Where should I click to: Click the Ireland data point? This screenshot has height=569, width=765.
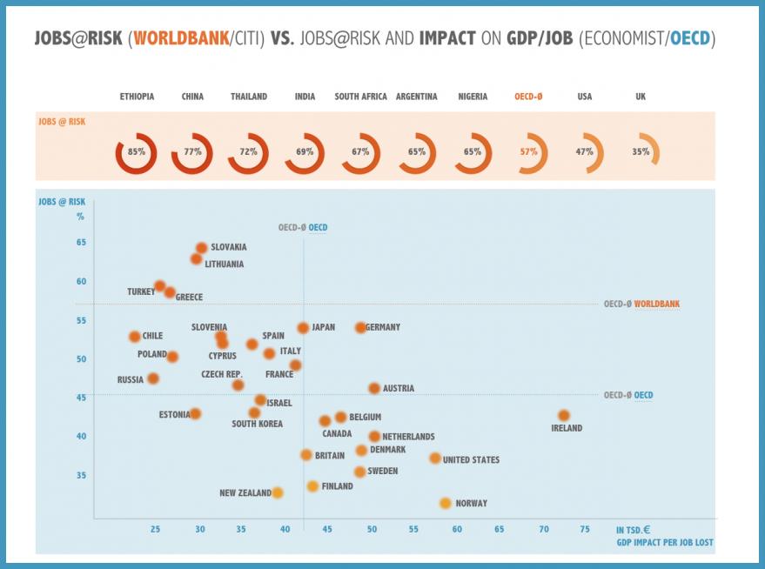(564, 416)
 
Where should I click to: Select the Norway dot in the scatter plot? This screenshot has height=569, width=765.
(446, 503)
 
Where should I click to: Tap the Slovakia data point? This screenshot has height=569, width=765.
(202, 248)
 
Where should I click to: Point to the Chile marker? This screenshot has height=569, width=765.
(134, 336)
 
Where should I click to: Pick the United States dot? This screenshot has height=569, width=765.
(435, 459)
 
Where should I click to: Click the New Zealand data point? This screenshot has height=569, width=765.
(278, 492)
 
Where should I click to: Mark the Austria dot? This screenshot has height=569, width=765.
(374, 388)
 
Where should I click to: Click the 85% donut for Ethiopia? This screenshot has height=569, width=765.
(136, 152)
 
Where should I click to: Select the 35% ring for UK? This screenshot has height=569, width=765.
(641, 151)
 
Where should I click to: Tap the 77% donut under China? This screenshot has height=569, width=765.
(192, 152)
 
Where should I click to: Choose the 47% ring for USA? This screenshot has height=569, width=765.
(584, 151)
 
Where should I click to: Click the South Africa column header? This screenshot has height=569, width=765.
(360, 97)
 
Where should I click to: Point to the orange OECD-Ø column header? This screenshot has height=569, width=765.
(528, 97)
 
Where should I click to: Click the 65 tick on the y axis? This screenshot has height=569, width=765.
(80, 242)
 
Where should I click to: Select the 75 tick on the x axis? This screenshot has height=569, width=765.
(585, 529)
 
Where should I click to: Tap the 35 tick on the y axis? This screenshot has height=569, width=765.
(80, 475)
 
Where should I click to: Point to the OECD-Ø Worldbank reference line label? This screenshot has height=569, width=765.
(641, 305)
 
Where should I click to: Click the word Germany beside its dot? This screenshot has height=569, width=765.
(383, 327)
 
